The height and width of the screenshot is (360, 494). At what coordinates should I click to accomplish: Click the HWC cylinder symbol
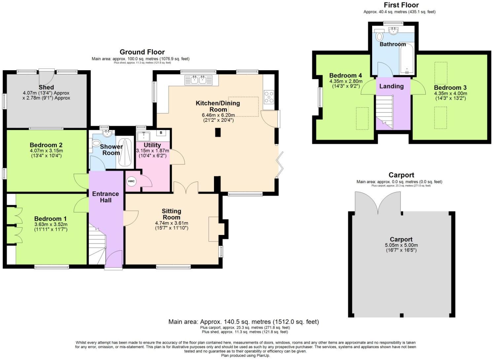(131, 181)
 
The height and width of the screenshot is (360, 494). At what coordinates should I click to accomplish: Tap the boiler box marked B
(161, 133)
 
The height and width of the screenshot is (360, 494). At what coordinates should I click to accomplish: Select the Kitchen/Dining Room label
(218, 106)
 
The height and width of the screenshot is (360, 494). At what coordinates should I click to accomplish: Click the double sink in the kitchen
(199, 80)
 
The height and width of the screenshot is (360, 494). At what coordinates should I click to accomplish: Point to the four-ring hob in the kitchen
(269, 97)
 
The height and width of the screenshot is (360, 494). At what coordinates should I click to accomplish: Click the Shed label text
(46, 87)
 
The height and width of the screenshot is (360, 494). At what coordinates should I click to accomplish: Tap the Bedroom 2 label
(46, 145)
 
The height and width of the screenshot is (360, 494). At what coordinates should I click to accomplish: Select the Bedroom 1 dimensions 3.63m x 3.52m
(51, 224)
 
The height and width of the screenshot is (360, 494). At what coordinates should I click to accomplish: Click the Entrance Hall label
(106, 197)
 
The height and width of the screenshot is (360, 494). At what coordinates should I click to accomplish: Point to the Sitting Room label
(171, 214)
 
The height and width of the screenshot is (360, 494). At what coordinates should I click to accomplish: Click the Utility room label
(152, 145)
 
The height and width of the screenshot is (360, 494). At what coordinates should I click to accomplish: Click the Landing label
(391, 86)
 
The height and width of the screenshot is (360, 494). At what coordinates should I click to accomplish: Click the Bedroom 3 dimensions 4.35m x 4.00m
(450, 93)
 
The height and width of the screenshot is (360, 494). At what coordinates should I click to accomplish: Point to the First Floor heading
(401, 5)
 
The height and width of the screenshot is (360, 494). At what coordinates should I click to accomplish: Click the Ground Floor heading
(142, 52)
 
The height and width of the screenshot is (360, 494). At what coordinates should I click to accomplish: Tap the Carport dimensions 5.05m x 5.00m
(401, 245)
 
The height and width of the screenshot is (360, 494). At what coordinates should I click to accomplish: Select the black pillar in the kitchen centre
(218, 132)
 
